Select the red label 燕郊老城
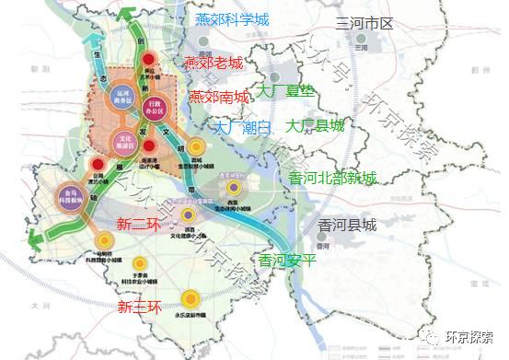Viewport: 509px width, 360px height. pos(214,64)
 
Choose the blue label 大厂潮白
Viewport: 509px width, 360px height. pos(243,128)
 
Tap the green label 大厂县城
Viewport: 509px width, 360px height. pos(316,125)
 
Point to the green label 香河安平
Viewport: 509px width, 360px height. pos(288,260)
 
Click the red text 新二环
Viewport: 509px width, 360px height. pos(136,223)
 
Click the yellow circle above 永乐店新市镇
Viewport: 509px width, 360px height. pos(190,299)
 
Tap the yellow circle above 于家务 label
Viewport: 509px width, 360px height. pos(140,265)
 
